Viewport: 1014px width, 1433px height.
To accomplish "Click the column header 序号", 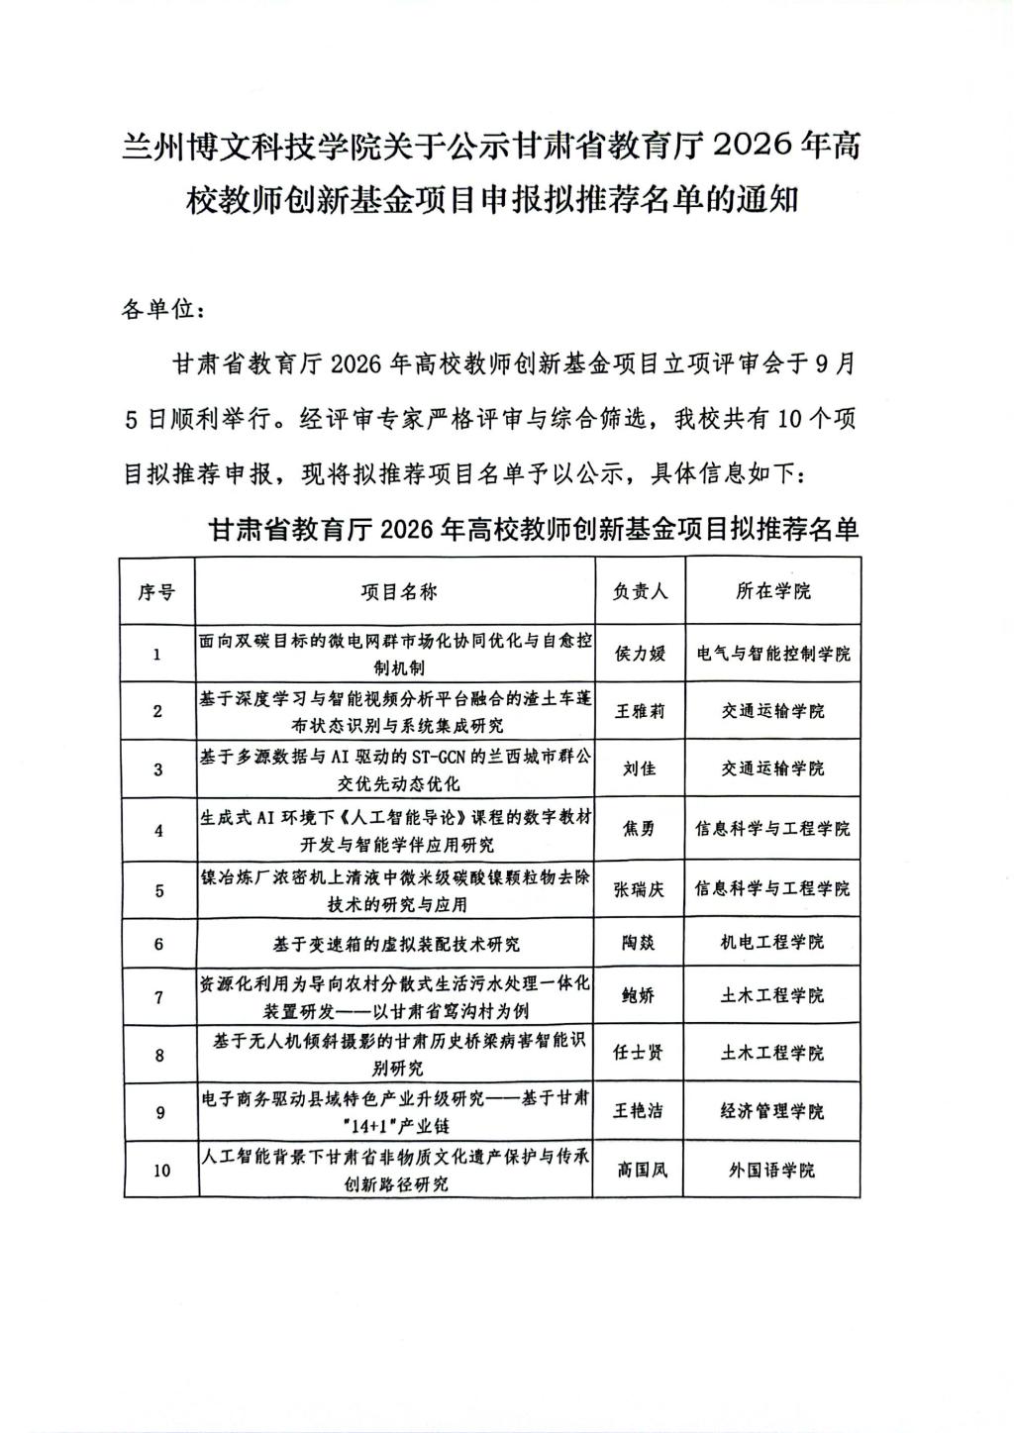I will [157, 591].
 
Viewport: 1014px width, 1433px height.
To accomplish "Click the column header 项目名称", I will [396, 591].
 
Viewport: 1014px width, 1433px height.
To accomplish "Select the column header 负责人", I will [641, 591].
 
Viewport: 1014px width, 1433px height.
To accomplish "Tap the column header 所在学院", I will [772, 591].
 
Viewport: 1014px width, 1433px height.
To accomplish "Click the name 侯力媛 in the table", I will [641, 654].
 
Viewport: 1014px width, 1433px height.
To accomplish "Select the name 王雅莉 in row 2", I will [641, 711].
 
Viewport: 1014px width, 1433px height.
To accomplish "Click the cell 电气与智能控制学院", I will [772, 654].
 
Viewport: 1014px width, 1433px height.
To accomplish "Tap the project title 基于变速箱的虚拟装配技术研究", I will [396, 943].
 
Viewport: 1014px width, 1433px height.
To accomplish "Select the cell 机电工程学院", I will [772, 943].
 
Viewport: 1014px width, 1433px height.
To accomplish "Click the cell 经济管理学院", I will [772, 1111].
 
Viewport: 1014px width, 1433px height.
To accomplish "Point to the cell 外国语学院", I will [772, 1170].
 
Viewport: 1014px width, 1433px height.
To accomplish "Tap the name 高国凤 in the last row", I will [641, 1170].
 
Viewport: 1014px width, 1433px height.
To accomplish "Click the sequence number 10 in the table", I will [159, 1171].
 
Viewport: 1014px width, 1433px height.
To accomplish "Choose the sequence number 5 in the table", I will [158, 890].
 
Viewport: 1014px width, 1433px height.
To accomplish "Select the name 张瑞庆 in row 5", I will [641, 889].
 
